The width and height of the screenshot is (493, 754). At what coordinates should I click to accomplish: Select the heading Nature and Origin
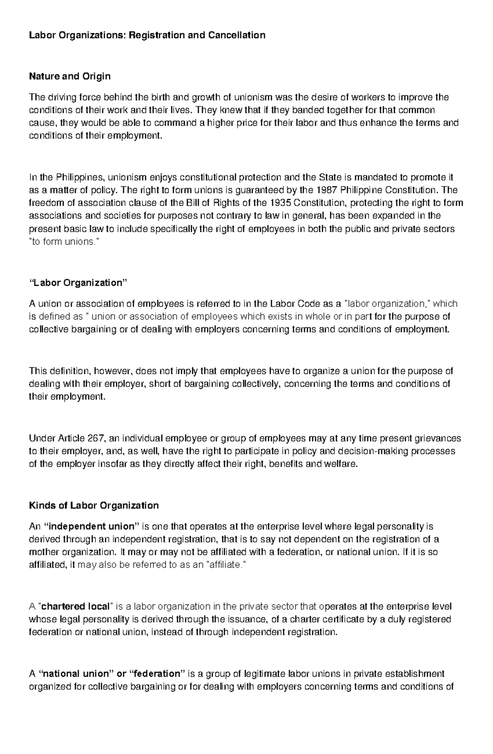click(x=69, y=76)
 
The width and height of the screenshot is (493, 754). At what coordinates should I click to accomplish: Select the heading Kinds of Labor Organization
click(x=94, y=505)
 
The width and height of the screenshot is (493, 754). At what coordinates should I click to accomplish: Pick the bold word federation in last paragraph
click(x=158, y=674)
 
